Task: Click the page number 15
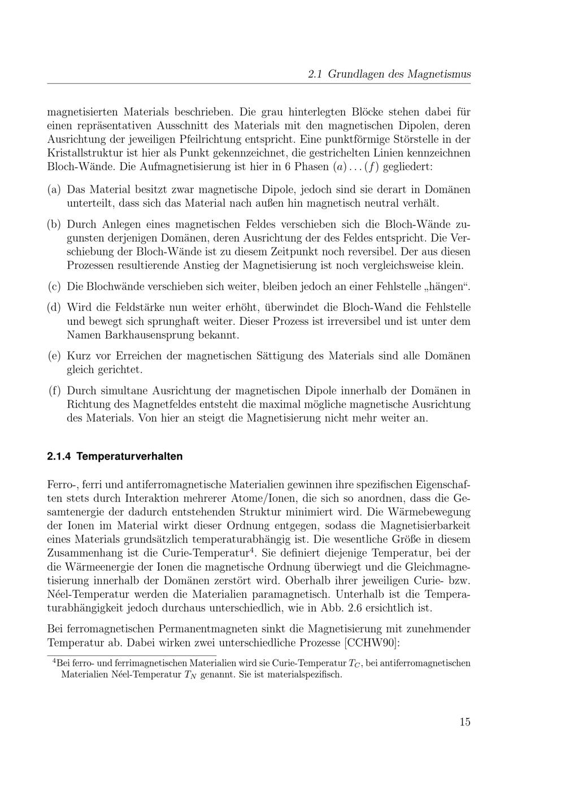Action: click(x=464, y=722)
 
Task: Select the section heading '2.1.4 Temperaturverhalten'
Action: click(x=115, y=456)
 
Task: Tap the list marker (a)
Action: click(x=54, y=189)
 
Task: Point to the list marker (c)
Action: click(x=54, y=286)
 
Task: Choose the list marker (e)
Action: click(x=54, y=356)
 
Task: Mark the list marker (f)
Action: click(x=54, y=390)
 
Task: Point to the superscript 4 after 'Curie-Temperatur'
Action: click(x=252, y=550)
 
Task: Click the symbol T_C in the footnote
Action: click(x=353, y=663)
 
